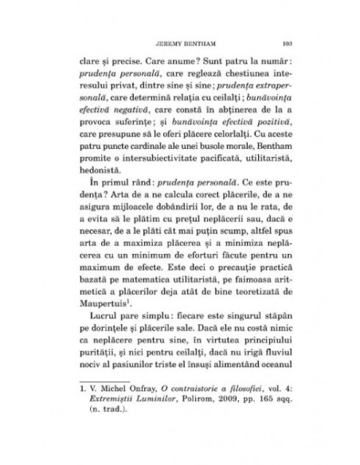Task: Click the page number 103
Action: coord(288,44)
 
